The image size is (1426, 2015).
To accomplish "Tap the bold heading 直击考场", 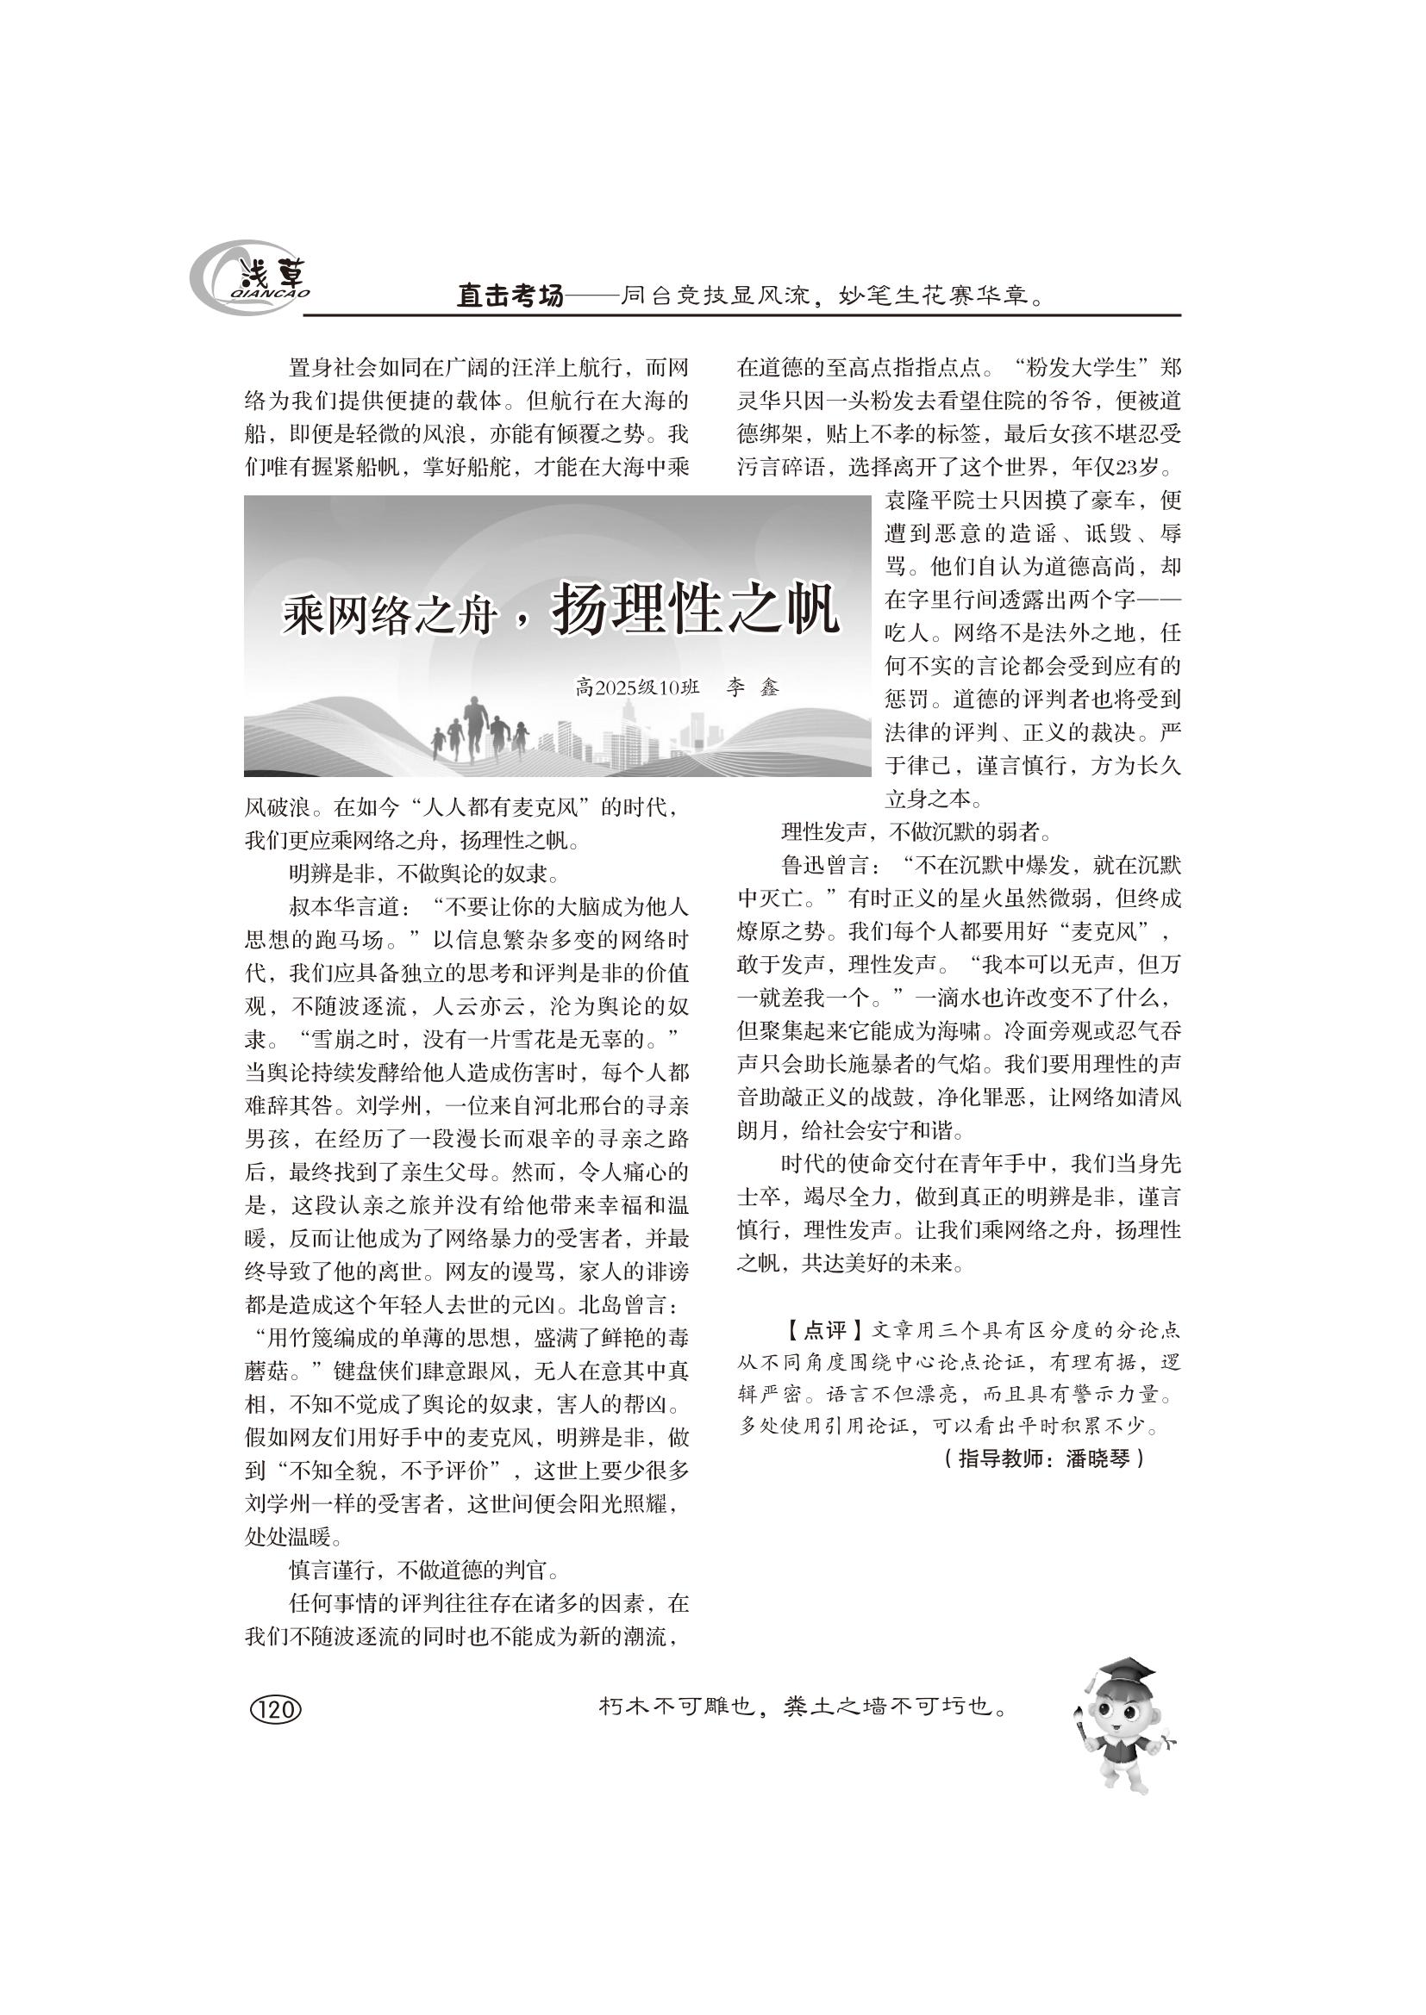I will point(510,295).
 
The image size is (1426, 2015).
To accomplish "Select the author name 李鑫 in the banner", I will point(753,687).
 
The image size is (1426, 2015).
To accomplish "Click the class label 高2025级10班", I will point(637,687).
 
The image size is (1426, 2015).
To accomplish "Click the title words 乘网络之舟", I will point(389,618).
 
